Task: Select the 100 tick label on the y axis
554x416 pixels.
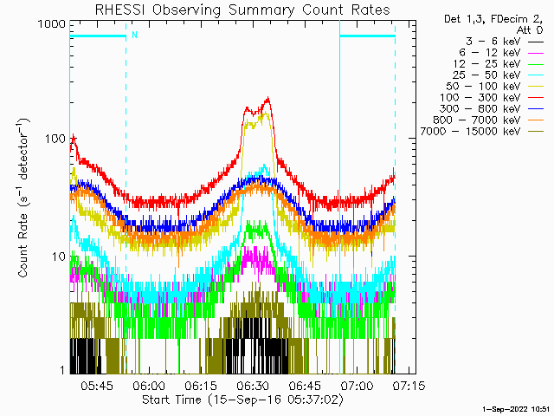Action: click(x=51, y=139)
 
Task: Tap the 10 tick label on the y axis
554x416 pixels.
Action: click(x=55, y=256)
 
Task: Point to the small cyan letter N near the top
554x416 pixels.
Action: click(x=133, y=36)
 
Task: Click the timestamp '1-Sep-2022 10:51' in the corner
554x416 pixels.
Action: click(x=516, y=407)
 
